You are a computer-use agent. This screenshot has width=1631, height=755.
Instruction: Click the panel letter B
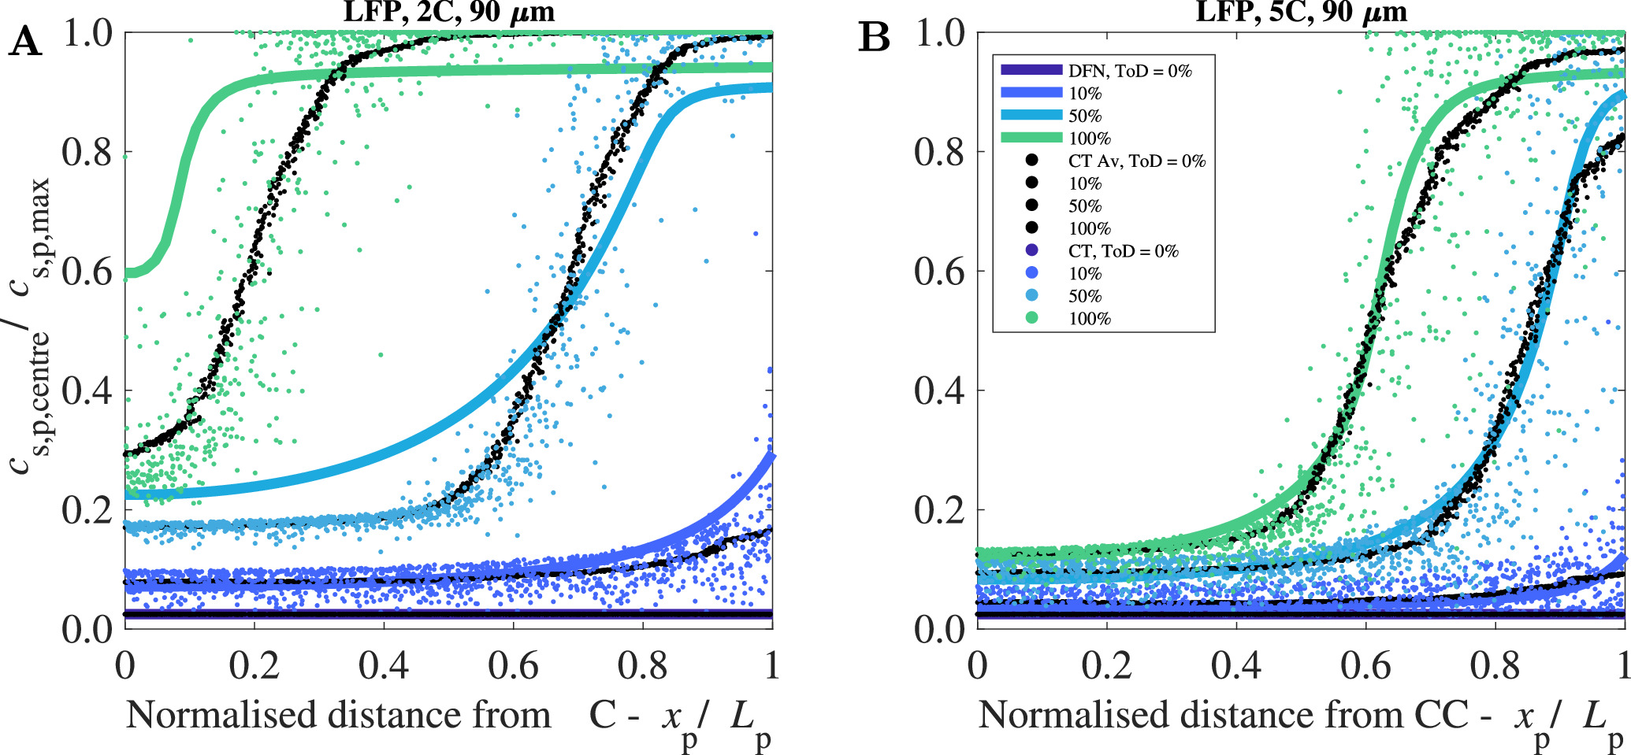(x=874, y=38)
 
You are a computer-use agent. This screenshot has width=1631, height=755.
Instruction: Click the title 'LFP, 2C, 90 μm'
(x=448, y=11)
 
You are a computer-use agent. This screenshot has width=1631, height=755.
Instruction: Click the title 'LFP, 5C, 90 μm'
(x=1301, y=11)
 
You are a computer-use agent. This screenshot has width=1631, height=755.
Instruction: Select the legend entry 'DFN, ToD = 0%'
(x=1129, y=71)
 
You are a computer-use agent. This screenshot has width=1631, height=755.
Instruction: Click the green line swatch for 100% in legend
(x=1031, y=139)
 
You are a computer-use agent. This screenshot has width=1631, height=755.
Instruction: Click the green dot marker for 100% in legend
(x=1031, y=318)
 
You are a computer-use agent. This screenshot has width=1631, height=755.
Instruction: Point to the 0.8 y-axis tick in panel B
(x=939, y=152)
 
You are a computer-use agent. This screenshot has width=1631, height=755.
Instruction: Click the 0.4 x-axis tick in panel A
(x=384, y=666)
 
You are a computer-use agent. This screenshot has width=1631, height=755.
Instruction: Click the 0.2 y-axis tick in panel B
(x=939, y=510)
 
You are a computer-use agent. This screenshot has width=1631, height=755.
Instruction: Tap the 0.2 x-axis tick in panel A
(x=254, y=666)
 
